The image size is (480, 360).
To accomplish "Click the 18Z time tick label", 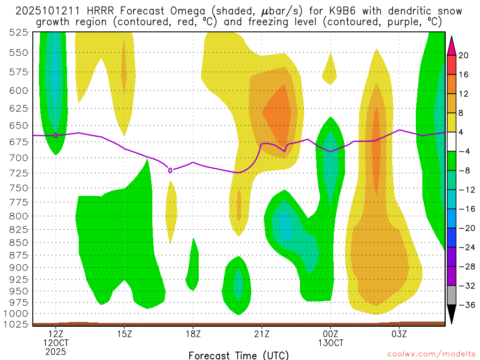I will coord(193,334).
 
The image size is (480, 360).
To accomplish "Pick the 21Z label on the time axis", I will coord(262,334).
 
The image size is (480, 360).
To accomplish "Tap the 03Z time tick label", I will coord(399,334).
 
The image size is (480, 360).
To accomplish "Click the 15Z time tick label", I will coord(124,334).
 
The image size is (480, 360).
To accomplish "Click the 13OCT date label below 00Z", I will coord(330,343).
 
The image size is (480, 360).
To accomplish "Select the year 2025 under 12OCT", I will coord(56,352).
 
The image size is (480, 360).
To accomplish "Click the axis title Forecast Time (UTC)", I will coord(239,355).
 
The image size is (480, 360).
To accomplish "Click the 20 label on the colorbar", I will coord(464,55).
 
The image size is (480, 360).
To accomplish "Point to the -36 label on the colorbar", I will coord(465,305).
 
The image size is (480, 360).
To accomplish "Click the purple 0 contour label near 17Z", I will coord(170,170).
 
